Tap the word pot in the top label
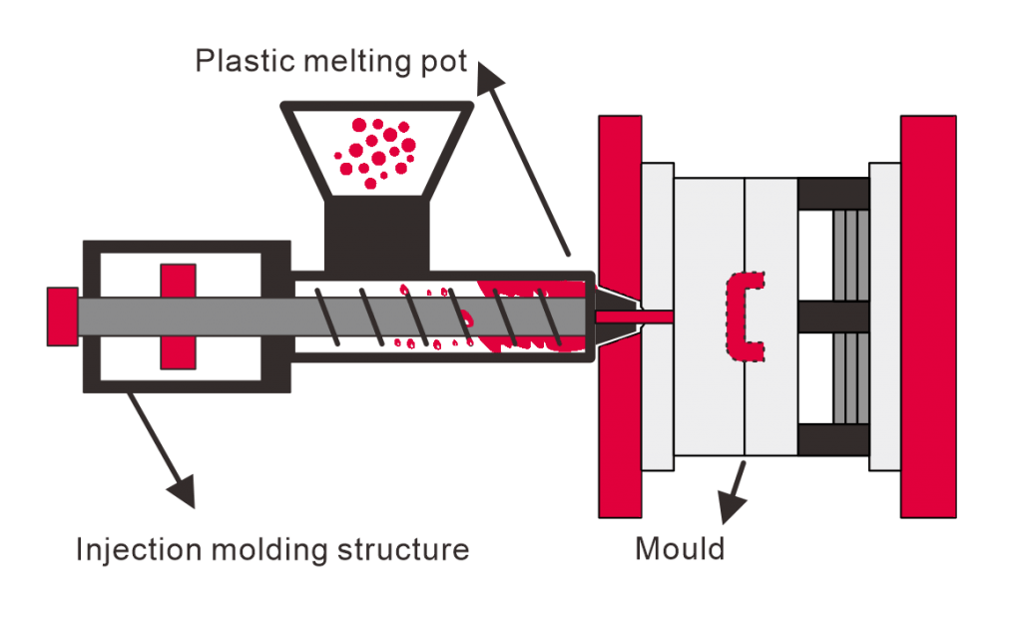click(440, 62)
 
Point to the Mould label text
click(679, 549)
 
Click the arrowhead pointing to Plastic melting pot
click(488, 78)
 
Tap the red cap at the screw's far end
click(62, 316)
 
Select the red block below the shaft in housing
click(178, 351)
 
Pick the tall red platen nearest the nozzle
click(619, 316)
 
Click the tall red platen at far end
click(927, 316)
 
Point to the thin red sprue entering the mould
click(635, 316)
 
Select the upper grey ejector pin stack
click(851, 255)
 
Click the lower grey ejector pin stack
click(851, 378)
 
